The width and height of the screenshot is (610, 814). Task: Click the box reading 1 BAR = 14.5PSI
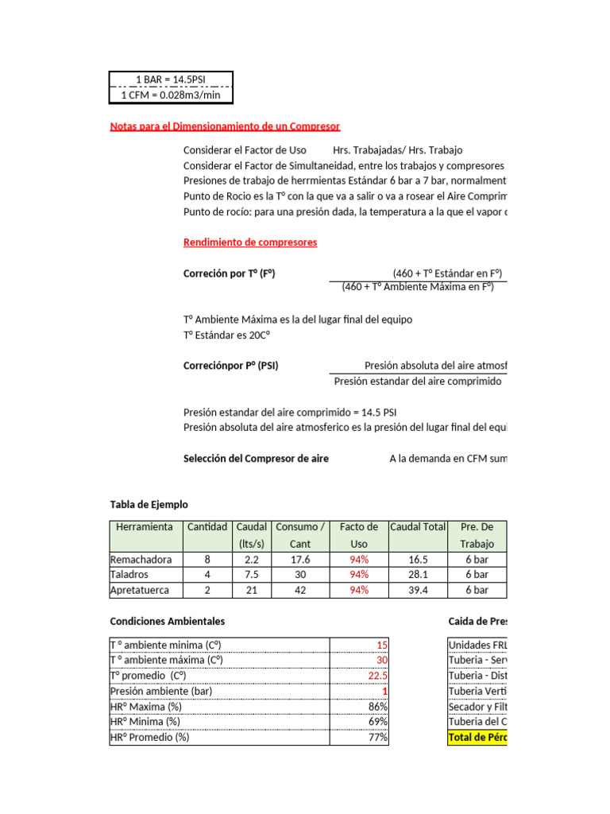[x=171, y=79]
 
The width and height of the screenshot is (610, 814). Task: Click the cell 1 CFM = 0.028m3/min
[x=171, y=95]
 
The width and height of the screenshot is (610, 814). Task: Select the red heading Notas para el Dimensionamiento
[x=225, y=126]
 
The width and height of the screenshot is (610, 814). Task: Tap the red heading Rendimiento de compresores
[x=250, y=242]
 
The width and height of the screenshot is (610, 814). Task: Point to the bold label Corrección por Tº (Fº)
[x=230, y=273]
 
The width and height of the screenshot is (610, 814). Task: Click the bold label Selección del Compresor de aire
[x=256, y=459]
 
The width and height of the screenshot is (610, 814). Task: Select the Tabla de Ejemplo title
[x=149, y=504]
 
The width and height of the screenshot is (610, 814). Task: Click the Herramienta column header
[x=144, y=527]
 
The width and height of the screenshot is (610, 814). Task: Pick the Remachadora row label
[x=141, y=559]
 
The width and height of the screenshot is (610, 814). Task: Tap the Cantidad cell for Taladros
[x=207, y=574]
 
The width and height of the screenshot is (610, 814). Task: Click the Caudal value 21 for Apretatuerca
[x=251, y=590]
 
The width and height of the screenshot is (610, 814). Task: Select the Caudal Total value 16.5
[x=418, y=559]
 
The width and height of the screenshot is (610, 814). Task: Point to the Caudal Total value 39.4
[x=418, y=590]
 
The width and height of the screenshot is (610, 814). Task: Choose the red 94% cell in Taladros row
[x=359, y=574]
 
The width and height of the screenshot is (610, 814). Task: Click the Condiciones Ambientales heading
[x=167, y=621]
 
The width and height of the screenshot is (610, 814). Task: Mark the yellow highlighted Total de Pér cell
[x=477, y=737]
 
